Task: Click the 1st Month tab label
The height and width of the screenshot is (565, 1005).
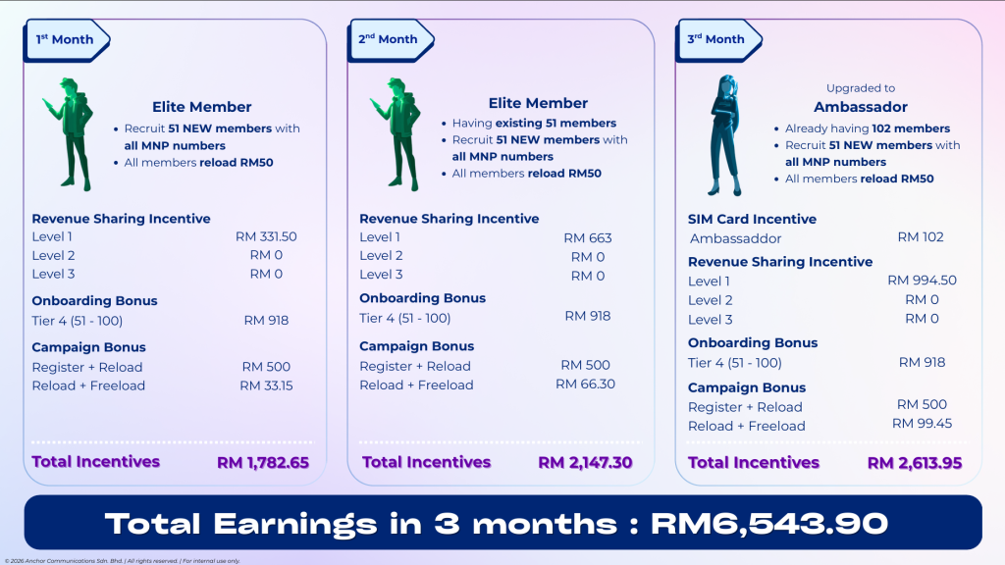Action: [x=64, y=39]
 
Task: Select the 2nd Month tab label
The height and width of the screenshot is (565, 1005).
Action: [x=388, y=39]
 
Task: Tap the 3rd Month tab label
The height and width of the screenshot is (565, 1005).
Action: [x=715, y=39]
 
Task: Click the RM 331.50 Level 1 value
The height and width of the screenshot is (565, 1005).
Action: [x=266, y=236]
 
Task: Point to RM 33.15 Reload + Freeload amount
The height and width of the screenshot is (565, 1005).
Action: [x=266, y=385]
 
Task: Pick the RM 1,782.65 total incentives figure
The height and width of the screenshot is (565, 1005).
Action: [x=263, y=463]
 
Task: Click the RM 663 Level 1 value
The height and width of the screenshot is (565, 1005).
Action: [x=588, y=238]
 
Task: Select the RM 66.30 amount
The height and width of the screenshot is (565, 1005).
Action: [x=585, y=384]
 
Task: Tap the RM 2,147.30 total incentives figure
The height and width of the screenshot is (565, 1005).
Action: [x=585, y=463]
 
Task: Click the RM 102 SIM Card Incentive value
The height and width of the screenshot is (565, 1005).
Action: [x=921, y=237]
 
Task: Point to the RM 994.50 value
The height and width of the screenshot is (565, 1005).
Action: [x=922, y=281]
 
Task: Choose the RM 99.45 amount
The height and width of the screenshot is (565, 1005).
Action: [x=922, y=424]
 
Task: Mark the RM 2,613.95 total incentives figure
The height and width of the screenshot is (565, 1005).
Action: [x=915, y=463]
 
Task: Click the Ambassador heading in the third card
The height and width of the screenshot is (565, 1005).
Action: [x=861, y=107]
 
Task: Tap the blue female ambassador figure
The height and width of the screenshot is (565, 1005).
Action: [x=725, y=135]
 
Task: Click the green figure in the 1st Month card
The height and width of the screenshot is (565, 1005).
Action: [x=70, y=134]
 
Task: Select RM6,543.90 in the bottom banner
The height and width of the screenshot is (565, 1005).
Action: [x=769, y=524]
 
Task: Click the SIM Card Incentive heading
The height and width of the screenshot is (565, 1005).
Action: [x=752, y=219]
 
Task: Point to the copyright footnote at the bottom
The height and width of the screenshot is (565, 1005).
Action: [x=123, y=561]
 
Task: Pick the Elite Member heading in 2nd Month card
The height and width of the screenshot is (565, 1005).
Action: [x=538, y=103]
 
